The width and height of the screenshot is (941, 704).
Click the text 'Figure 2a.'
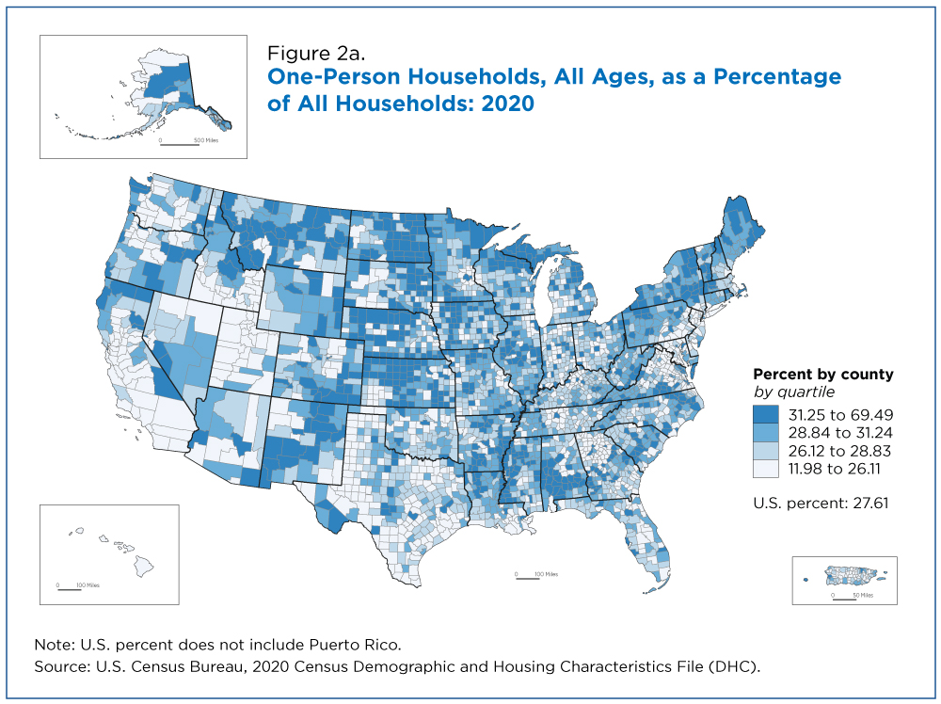click(316, 54)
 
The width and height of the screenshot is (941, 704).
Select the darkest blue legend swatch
click(766, 415)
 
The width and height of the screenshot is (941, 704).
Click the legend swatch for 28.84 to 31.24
click(766, 433)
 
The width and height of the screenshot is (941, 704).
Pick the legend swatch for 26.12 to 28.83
click(766, 451)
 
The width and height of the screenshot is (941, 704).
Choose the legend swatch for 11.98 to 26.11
click(766, 469)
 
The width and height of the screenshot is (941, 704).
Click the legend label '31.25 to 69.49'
click(840, 415)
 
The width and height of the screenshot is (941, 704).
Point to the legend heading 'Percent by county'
click(823, 375)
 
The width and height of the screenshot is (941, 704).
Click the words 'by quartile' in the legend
click(794, 392)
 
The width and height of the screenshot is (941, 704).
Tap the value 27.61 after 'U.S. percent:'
click(870, 503)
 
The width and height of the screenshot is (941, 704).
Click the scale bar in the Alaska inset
click(180, 144)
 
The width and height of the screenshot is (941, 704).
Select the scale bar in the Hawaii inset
click(70, 589)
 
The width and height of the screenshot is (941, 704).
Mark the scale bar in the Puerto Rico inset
click(844, 599)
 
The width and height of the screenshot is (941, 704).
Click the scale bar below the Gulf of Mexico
click(528, 579)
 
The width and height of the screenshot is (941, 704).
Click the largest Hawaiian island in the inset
click(143, 566)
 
